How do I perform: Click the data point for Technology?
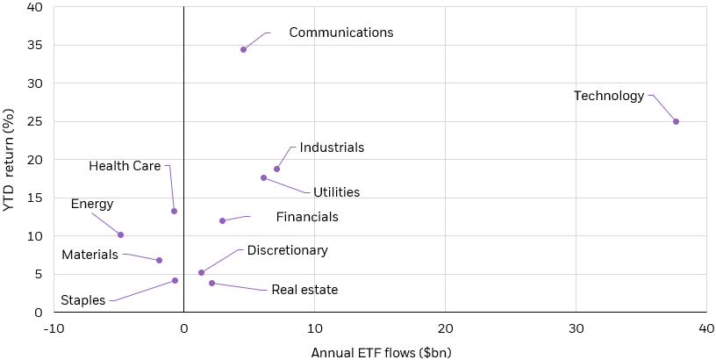tap(676, 121)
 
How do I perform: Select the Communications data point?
tap(243, 49)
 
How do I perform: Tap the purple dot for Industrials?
tap(276, 169)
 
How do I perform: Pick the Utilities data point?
tap(263, 177)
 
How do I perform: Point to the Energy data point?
tap(120, 234)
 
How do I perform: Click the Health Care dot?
tap(174, 211)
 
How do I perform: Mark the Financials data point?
tap(222, 220)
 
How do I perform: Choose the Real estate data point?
tap(211, 283)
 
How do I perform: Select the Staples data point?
tap(175, 280)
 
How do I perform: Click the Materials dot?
tap(159, 260)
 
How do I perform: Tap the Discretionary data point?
tap(201, 272)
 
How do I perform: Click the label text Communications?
tap(340, 33)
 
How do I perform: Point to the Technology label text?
tap(609, 96)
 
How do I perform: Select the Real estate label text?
tap(304, 290)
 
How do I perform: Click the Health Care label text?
tap(125, 166)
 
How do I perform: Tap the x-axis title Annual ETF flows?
tap(381, 353)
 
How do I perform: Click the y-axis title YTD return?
tap(11, 160)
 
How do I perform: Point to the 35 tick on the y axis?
tap(34, 45)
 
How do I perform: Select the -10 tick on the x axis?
tap(54, 328)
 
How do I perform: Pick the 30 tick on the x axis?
tap(576, 328)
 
